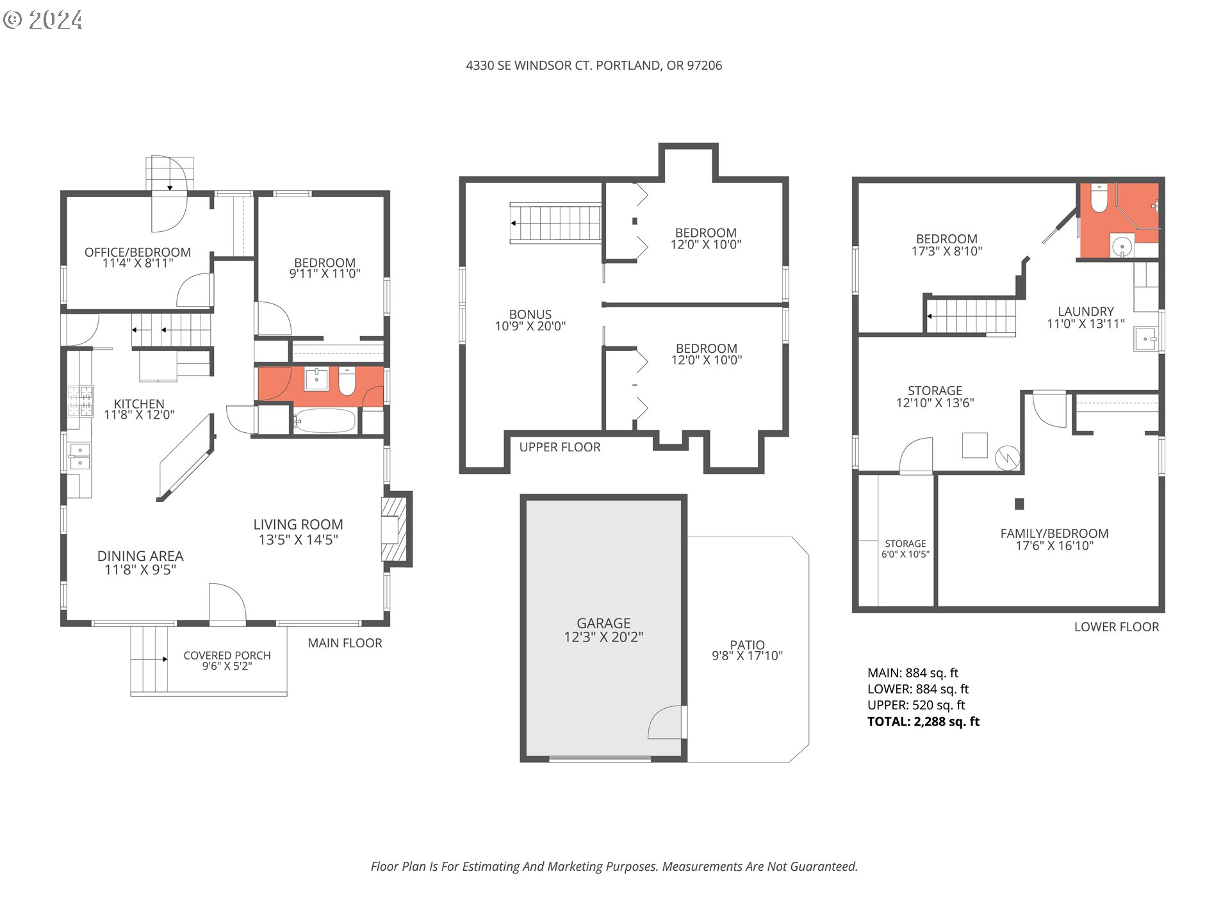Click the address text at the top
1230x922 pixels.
click(x=593, y=65)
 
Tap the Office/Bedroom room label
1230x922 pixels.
click(x=138, y=257)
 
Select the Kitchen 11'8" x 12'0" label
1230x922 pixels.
click(x=139, y=408)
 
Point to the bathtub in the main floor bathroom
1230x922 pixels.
click(x=324, y=421)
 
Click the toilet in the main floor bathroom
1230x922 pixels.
click(x=347, y=382)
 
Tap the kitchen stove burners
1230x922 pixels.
click(x=81, y=401)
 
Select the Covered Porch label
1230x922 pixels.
click(x=227, y=660)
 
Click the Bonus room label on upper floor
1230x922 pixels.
click(x=530, y=319)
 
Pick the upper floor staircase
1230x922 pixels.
click(x=555, y=223)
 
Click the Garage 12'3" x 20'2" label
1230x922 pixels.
click(x=603, y=629)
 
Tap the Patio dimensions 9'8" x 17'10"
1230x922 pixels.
click(x=747, y=656)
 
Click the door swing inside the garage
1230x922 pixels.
click(x=666, y=724)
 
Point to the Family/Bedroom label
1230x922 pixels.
click(x=1054, y=538)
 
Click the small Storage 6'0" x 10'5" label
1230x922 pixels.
click(x=905, y=549)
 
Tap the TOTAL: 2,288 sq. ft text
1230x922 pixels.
click(x=922, y=722)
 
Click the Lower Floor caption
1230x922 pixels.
click(x=1116, y=627)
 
